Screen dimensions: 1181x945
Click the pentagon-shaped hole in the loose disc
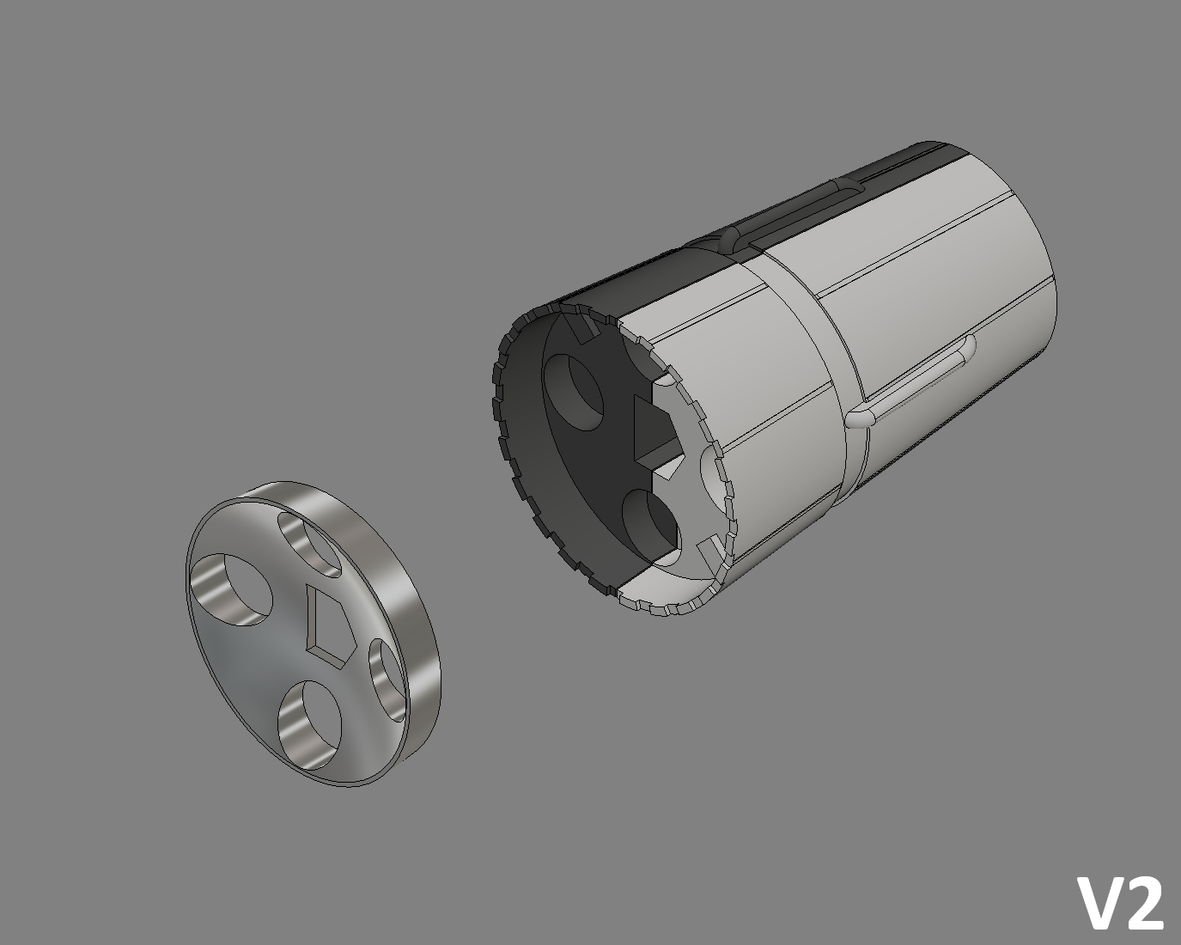point(329,625)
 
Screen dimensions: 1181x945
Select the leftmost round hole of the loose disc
point(230,589)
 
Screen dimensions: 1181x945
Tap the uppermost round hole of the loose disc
point(309,544)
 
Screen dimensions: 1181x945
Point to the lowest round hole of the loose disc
point(309,725)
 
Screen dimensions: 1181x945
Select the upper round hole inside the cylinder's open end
point(572,392)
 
